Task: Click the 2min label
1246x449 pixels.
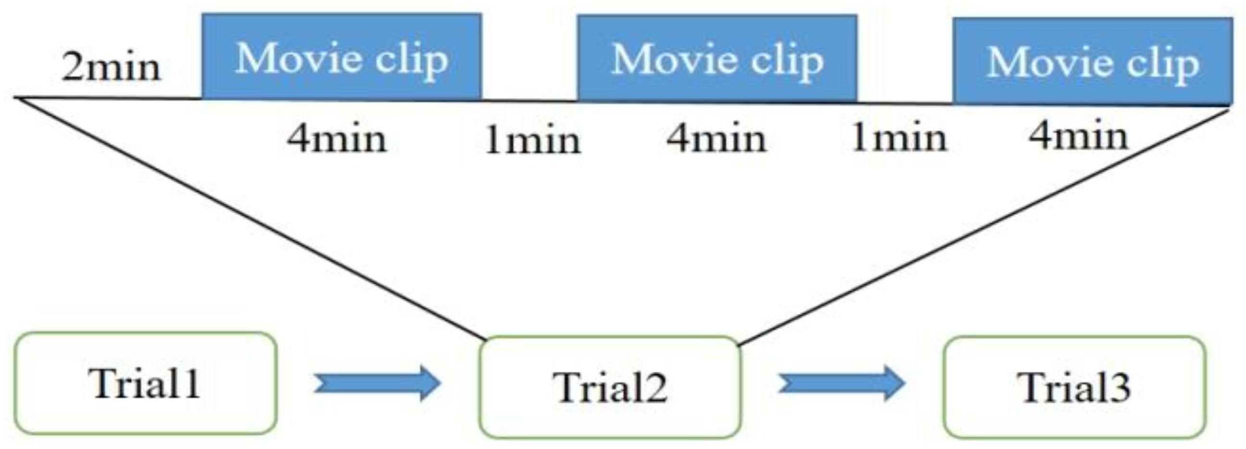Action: pyautogui.click(x=111, y=68)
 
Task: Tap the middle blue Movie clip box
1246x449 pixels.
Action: pyautogui.click(x=717, y=59)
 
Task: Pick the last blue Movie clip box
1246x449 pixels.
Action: pyautogui.click(x=1093, y=61)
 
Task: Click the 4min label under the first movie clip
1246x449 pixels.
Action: pyautogui.click(x=337, y=140)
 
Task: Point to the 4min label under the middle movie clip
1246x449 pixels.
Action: pyautogui.click(x=716, y=140)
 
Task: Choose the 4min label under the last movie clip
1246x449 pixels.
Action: pyautogui.click(x=1078, y=137)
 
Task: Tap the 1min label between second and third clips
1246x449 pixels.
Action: pyautogui.click(x=898, y=139)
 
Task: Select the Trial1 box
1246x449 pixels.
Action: pyautogui.click(x=146, y=383)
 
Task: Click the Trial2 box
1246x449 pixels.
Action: pyautogui.click(x=609, y=387)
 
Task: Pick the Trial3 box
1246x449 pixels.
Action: pyautogui.click(x=1074, y=387)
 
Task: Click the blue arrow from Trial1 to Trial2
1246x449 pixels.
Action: pyautogui.click(x=377, y=384)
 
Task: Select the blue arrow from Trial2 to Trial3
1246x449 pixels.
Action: pyautogui.click(x=841, y=384)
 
